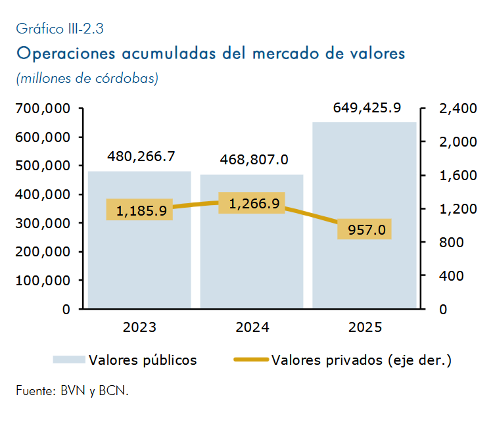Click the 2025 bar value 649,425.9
(x=367, y=108)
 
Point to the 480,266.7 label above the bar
(x=141, y=156)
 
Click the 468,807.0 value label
(x=254, y=160)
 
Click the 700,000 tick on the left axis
(x=43, y=108)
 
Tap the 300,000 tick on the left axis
(x=43, y=223)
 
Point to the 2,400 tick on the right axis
(x=458, y=108)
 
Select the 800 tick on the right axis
(x=452, y=243)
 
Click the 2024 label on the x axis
(x=252, y=327)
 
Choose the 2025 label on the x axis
(x=365, y=327)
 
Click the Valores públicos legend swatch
(x=69, y=360)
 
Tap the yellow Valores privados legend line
(x=251, y=360)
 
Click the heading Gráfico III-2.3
(x=60, y=29)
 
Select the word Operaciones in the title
(x=66, y=53)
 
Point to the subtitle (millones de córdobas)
(x=87, y=78)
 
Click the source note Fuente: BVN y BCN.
(x=72, y=391)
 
